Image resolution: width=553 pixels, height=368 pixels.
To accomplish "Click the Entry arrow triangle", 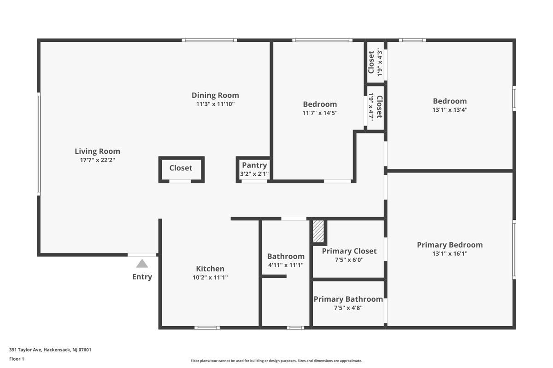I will pyautogui.click(x=142, y=264).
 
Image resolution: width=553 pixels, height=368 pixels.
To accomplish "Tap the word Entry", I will pyautogui.click(x=142, y=277).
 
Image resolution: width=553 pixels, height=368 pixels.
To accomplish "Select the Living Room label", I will pyautogui.click(x=97, y=151).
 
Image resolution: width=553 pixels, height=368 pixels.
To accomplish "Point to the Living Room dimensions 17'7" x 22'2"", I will pyautogui.click(x=97, y=160).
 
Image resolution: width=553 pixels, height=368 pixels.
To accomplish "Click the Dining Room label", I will pyautogui.click(x=215, y=95).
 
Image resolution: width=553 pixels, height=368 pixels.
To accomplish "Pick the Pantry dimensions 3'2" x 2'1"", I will pyautogui.click(x=254, y=174).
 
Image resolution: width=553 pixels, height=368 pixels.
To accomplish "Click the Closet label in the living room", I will pyautogui.click(x=181, y=168).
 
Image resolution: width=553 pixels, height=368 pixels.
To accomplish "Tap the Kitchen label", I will pyautogui.click(x=210, y=269).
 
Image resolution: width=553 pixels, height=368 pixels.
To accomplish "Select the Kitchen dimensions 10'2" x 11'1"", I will pyautogui.click(x=210, y=277).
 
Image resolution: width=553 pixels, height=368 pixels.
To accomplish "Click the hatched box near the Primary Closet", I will pyautogui.click(x=318, y=231).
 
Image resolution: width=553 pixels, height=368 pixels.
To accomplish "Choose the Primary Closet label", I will pyautogui.click(x=349, y=251).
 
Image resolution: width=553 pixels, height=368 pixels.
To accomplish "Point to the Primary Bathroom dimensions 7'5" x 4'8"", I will pyautogui.click(x=348, y=308).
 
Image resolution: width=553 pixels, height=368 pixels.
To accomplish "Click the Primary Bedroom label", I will pyautogui.click(x=450, y=245).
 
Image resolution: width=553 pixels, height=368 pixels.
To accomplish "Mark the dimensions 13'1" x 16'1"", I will pyautogui.click(x=450, y=253).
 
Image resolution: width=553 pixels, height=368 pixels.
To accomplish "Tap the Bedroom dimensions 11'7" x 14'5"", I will pyautogui.click(x=320, y=113).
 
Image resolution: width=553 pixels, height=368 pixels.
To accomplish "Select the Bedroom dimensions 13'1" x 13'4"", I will pyautogui.click(x=450, y=109).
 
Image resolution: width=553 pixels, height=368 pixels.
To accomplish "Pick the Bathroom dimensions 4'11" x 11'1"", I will pyautogui.click(x=286, y=265).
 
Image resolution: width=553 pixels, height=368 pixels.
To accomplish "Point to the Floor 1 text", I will pyautogui.click(x=17, y=359).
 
